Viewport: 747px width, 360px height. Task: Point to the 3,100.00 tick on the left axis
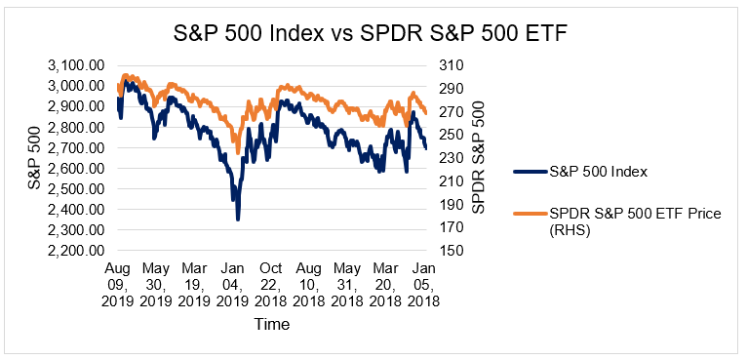point(74,65)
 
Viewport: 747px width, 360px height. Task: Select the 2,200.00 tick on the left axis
point(74,251)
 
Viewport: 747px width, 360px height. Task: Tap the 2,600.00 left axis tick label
point(74,168)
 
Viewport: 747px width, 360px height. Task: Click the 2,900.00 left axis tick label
point(74,106)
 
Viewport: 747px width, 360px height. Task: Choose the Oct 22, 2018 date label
point(273,284)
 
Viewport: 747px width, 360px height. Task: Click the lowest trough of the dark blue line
point(237,220)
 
